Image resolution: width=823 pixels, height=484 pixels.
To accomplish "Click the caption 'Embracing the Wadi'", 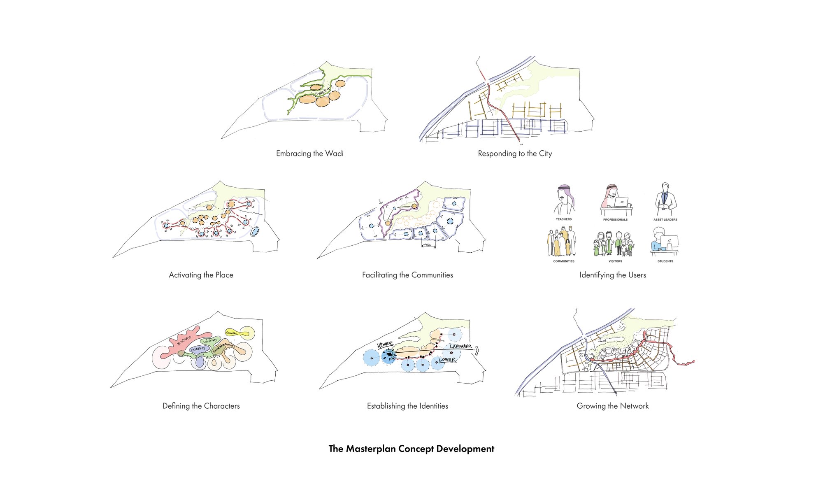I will [309, 154].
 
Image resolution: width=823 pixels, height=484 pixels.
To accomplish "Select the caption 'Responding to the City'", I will [515, 154].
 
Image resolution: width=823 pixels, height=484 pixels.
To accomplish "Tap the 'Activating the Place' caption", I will [201, 275].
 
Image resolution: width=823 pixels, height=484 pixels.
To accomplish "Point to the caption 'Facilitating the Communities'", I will [407, 275].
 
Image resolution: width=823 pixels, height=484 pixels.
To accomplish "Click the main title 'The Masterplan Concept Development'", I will [411, 449].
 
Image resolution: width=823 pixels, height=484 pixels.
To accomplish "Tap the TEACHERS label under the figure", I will [564, 219].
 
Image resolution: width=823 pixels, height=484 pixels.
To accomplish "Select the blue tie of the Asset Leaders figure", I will [665, 198].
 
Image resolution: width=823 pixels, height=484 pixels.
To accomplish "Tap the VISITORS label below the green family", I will [615, 261].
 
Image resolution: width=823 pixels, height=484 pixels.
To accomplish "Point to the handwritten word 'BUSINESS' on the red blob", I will [184, 340].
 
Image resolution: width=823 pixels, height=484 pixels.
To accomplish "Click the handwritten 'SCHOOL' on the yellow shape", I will [231, 333].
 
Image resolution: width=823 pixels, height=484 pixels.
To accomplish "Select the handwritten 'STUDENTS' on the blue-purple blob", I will [198, 349].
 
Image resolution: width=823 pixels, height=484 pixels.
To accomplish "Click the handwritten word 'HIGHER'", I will [385, 344].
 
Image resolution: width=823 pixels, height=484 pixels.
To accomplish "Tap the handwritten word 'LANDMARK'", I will [460, 346].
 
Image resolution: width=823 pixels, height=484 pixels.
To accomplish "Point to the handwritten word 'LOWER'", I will [447, 359].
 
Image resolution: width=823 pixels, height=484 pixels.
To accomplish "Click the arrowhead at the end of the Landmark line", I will [477, 351].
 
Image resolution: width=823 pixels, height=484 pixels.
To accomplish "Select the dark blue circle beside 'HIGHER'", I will [388, 356].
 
